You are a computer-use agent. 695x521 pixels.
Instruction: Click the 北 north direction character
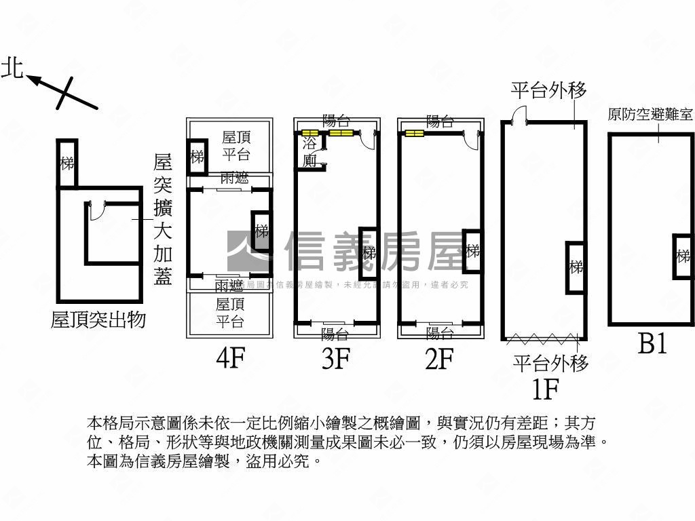tap(12, 68)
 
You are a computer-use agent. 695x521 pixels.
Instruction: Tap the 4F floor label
tap(230, 359)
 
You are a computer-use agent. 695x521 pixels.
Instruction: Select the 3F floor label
tap(336, 359)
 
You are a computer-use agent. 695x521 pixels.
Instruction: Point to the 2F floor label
tap(439, 359)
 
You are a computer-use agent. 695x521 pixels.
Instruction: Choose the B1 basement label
tap(652, 344)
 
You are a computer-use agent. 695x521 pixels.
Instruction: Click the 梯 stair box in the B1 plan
tap(683, 256)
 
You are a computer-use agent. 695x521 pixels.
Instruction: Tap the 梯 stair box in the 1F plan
tap(576, 267)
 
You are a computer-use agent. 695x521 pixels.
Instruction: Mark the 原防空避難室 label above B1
tap(650, 114)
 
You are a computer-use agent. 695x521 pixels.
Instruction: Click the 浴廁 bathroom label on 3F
tap(309, 152)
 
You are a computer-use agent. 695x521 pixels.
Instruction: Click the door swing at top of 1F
tap(519, 115)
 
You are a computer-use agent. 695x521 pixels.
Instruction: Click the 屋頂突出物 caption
tap(98, 320)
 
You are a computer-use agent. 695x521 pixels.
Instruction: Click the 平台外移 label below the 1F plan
tap(550, 364)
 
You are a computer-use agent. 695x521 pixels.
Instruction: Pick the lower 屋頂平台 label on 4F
tap(230, 313)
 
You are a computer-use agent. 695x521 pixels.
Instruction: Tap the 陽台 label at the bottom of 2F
tap(440, 333)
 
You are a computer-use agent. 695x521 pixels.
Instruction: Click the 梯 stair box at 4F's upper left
tap(198, 157)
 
